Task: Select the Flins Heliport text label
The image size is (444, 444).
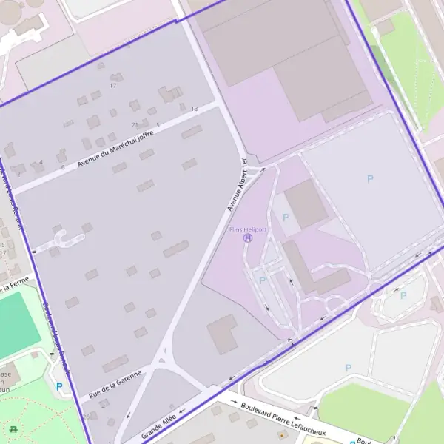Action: pyautogui.click(x=247, y=230)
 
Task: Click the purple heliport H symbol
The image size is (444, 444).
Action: pyautogui.click(x=247, y=238)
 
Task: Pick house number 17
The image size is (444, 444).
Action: pyautogui.click(x=113, y=86)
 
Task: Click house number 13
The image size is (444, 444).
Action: pyautogui.click(x=195, y=109)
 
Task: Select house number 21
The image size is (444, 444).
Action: pyautogui.click(x=135, y=124)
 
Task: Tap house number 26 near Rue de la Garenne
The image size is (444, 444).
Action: pyautogui.click(x=87, y=417)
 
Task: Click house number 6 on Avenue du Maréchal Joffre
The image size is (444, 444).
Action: pyautogui.click(x=63, y=167)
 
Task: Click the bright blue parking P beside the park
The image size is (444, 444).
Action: pyautogui.click(x=59, y=386)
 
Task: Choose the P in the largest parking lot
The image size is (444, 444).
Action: pyautogui.click(x=370, y=178)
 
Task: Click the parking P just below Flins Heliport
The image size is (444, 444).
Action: pyautogui.click(x=262, y=280)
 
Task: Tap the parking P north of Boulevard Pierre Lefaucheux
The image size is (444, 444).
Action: pyautogui.click(x=349, y=368)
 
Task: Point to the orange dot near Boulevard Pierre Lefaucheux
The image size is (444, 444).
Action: pyautogui.click(x=281, y=435)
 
